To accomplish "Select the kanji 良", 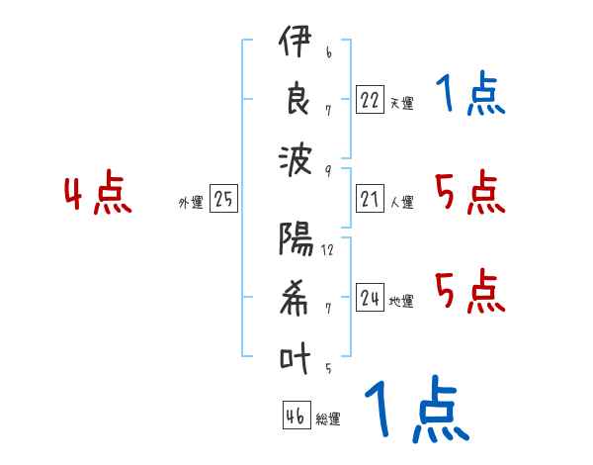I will pyautogui.click(x=295, y=102).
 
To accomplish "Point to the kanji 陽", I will pyautogui.click(x=295, y=240).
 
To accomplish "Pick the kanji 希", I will pyautogui.click(x=295, y=298).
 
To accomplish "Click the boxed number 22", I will pyautogui.click(x=370, y=99).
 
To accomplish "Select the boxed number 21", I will pyautogui.click(x=370, y=200).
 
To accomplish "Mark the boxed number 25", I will pyautogui.click(x=223, y=200).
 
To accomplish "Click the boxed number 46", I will pyautogui.click(x=295, y=417).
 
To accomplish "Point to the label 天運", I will pyautogui.click(x=401, y=103).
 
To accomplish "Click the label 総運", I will pyautogui.click(x=328, y=419).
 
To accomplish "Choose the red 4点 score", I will pyautogui.click(x=98, y=195).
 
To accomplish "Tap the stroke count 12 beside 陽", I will pyautogui.click(x=327, y=250).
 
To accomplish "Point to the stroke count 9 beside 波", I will pyautogui.click(x=327, y=169).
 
